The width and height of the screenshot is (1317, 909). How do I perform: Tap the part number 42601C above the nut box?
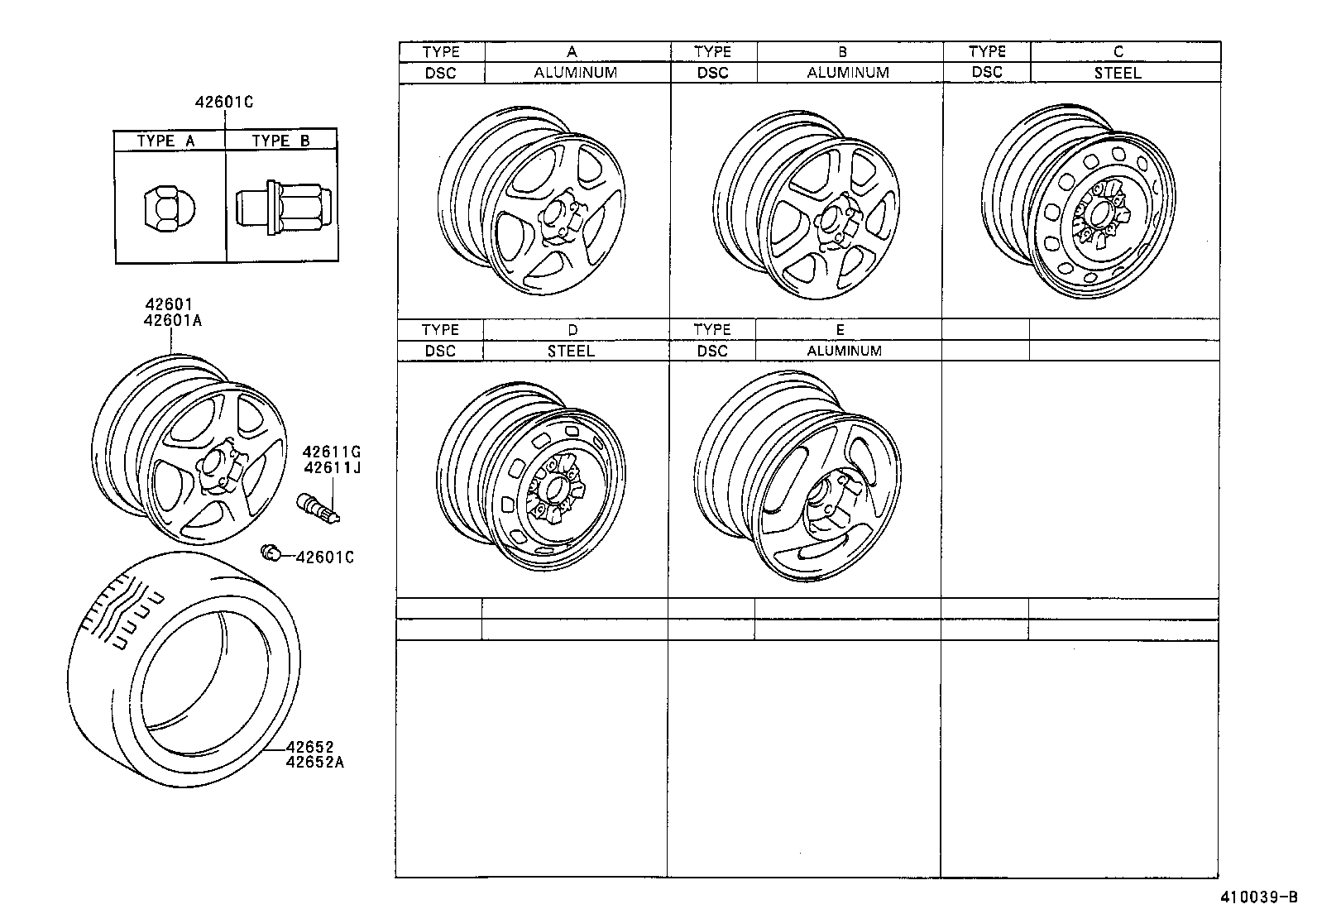tap(223, 103)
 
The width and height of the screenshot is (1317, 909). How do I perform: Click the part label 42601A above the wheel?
tap(173, 319)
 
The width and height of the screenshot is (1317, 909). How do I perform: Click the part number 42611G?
tap(332, 452)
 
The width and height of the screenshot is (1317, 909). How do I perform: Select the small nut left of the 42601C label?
tap(269, 553)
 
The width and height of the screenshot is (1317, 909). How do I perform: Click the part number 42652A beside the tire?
tap(314, 762)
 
